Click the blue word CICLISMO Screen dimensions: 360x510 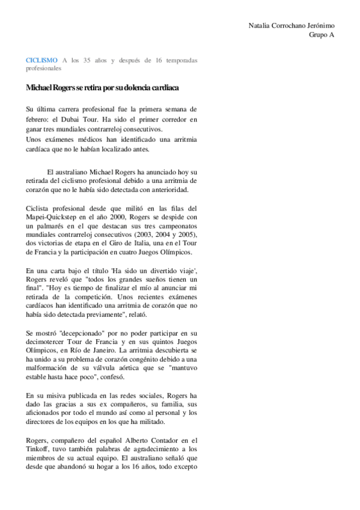[41, 60]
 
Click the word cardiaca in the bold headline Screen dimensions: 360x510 [163, 88]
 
